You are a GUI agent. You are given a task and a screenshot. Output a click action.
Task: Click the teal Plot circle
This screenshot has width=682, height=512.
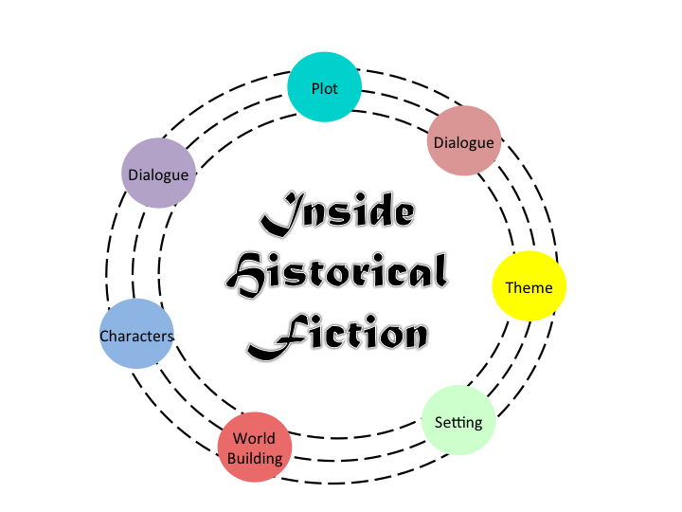324,87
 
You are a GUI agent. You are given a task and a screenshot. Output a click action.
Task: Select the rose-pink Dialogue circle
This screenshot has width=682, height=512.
464,140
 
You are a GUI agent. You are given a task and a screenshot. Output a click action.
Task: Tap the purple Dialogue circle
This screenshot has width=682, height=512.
158,174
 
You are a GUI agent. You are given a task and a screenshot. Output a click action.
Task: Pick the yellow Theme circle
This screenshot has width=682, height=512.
529,286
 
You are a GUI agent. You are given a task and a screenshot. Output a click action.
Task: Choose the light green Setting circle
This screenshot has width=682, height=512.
458,420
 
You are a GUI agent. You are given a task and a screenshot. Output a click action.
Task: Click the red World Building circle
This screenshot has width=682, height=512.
255,448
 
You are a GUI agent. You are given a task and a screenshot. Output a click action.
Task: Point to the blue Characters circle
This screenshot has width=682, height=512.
136,335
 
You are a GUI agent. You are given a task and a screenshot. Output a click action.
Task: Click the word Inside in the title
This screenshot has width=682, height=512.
338,216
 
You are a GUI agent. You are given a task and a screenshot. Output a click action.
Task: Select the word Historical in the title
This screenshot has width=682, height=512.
338,275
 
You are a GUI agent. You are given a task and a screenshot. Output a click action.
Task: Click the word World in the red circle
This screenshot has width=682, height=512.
255,438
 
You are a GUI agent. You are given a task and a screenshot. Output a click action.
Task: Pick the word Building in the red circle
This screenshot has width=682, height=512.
255,459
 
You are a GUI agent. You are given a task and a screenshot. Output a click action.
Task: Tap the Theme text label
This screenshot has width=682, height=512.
529,287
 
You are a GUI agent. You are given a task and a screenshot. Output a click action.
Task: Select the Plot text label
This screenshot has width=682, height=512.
324,89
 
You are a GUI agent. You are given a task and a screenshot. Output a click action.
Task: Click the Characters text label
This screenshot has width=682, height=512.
136,337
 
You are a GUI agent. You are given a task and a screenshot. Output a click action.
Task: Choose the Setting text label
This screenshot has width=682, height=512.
458,422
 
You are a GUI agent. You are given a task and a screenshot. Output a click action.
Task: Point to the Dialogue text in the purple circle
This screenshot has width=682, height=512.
158,174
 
